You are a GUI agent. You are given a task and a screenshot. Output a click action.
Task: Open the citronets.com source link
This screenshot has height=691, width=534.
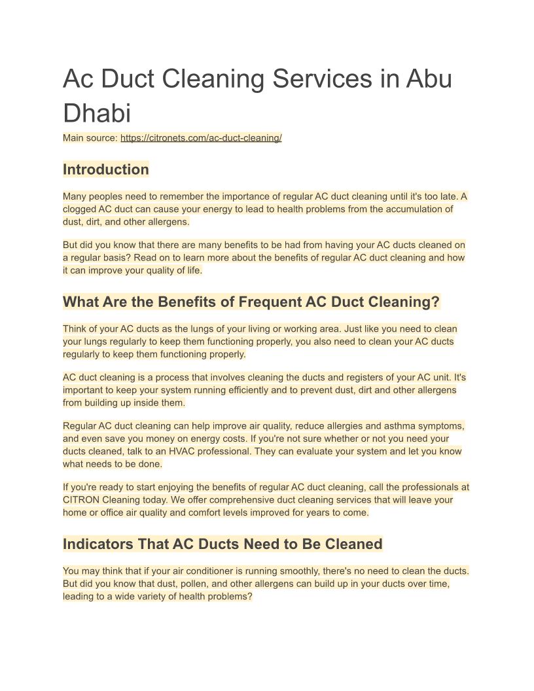(201, 138)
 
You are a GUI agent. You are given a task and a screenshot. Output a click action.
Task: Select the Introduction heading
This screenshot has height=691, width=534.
(105, 169)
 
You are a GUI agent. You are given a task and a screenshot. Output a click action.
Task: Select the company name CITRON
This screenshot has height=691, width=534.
(81, 500)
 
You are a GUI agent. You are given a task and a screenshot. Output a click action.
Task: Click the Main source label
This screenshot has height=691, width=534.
(90, 138)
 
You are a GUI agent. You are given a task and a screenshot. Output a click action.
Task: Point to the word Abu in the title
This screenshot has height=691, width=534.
(429, 79)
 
